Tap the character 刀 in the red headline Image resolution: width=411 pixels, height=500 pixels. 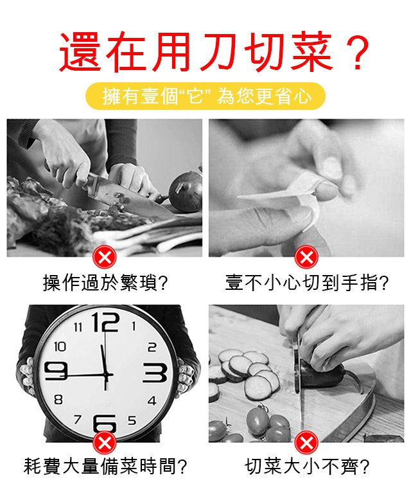[x=220, y=51]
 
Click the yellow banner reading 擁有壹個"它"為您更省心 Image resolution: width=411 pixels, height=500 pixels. [x=205, y=96]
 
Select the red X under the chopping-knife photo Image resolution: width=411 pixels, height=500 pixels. [x=105, y=257]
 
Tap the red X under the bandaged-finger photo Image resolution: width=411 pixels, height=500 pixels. [x=306, y=257]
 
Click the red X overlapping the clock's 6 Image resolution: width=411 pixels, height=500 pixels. [x=105, y=443]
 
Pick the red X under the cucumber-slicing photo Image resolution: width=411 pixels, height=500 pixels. [x=306, y=443]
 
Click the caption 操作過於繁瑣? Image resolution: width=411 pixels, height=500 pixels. [x=105, y=283]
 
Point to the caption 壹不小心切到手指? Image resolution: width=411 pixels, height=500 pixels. [x=306, y=283]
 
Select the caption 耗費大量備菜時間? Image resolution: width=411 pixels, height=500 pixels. [x=105, y=466]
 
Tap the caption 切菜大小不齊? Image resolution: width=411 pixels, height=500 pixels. [x=306, y=466]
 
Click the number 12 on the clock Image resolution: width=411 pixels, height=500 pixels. [x=105, y=322]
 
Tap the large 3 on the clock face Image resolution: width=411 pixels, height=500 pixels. [x=155, y=373]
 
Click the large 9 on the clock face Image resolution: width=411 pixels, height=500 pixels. [x=56, y=371]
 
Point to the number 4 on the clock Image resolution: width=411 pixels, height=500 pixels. [x=152, y=400]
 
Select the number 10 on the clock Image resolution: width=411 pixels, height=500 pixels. [x=60, y=346]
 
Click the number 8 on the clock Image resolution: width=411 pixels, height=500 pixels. [x=58, y=399]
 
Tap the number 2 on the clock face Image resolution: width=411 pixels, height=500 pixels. [x=152, y=347]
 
